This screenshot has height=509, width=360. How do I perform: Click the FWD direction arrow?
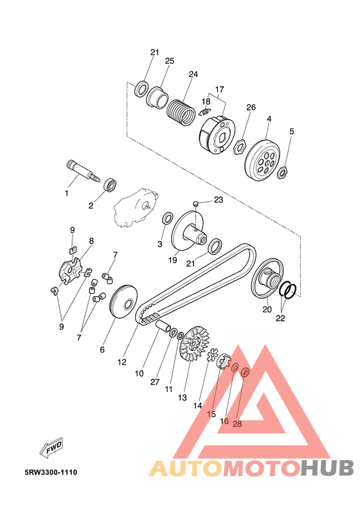point(51,448)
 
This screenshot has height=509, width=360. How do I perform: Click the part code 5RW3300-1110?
point(51,472)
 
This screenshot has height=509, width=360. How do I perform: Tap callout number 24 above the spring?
point(193,75)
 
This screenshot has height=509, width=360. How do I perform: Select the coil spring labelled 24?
point(181,112)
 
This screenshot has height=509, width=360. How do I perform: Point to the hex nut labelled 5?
point(282,172)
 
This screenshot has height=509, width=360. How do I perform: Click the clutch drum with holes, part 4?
point(263,161)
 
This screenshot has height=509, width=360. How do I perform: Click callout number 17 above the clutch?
point(220,89)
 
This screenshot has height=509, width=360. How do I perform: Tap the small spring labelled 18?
point(204,112)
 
